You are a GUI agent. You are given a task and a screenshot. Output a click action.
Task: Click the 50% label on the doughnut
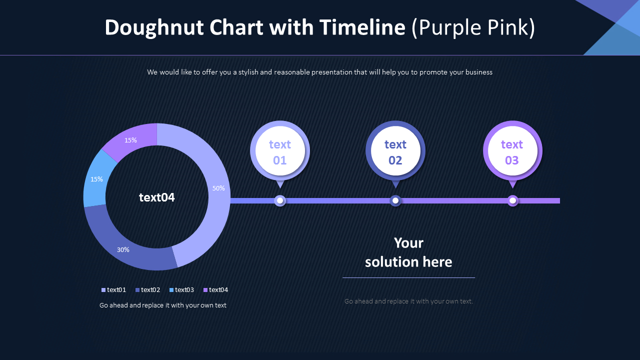(218, 188)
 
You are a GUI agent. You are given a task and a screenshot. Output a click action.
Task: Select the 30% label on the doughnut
(123, 249)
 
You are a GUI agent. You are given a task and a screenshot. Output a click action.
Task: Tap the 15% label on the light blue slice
(96, 179)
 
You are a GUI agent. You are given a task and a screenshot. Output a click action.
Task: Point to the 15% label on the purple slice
(130, 140)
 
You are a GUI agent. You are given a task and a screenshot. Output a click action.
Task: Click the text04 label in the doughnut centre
(157, 197)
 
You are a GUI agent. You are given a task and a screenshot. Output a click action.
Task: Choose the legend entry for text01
(114, 290)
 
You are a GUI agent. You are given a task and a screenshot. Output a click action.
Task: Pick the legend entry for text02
(148, 290)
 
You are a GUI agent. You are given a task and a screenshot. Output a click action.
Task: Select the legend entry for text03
(182, 290)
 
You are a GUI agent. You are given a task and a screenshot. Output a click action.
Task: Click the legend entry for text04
(216, 290)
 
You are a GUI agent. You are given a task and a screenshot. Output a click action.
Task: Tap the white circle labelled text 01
(280, 151)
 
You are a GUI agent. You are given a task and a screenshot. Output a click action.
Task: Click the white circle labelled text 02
(395, 151)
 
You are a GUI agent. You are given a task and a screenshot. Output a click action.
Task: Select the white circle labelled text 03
(512, 151)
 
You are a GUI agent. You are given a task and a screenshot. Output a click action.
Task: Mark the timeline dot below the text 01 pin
(280, 200)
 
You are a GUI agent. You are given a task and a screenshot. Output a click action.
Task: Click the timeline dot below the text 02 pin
(395, 200)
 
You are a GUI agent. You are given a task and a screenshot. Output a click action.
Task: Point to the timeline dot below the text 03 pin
(512, 200)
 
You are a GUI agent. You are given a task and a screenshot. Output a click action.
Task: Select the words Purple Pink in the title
(473, 27)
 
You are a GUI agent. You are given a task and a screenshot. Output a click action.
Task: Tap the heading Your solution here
(408, 252)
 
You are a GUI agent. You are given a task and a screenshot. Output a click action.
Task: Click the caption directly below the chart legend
(163, 305)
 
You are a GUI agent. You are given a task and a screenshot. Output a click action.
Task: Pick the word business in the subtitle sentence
(471, 72)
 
